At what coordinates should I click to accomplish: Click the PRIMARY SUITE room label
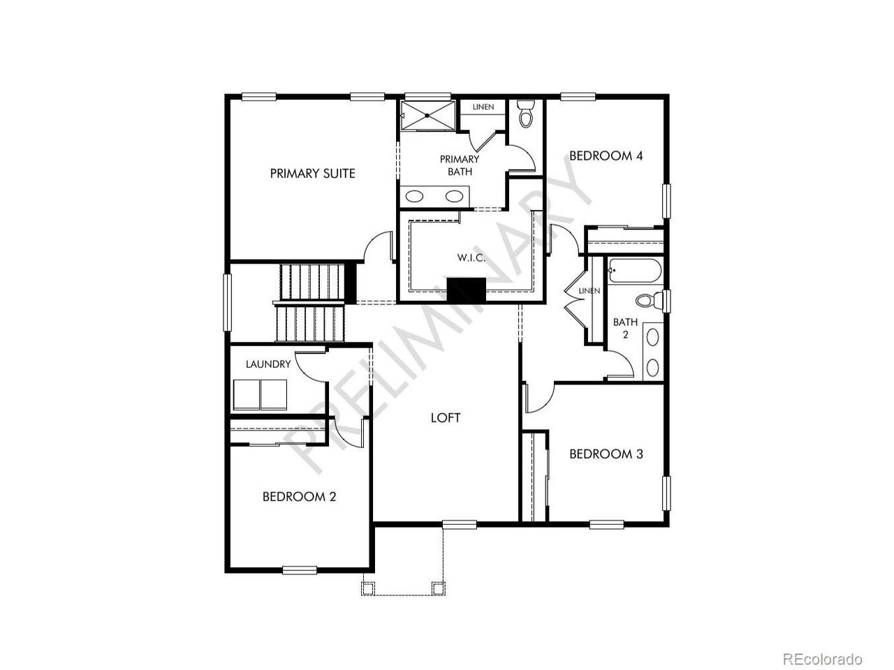tap(312, 174)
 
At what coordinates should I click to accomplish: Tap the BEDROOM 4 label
tap(606, 156)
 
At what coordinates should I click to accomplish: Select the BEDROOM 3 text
tap(606, 454)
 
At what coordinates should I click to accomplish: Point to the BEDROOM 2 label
tap(299, 497)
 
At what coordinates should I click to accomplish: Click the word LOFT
tap(446, 418)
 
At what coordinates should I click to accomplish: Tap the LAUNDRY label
tap(268, 364)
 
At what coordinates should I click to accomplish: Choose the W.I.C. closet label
tap(471, 258)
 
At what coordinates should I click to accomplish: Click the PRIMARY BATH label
tap(460, 165)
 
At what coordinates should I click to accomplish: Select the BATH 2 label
tap(625, 328)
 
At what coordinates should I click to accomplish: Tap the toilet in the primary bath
tap(525, 114)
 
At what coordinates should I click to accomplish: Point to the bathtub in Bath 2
tap(635, 271)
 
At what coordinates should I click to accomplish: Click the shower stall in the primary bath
tap(427, 116)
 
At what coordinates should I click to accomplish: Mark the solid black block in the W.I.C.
tap(467, 290)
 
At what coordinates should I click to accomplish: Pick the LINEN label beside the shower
tap(483, 107)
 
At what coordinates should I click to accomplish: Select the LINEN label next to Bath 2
tap(589, 291)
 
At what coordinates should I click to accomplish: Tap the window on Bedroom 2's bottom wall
tap(300, 570)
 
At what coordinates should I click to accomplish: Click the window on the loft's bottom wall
tap(460, 525)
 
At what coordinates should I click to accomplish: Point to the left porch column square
tap(369, 588)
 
